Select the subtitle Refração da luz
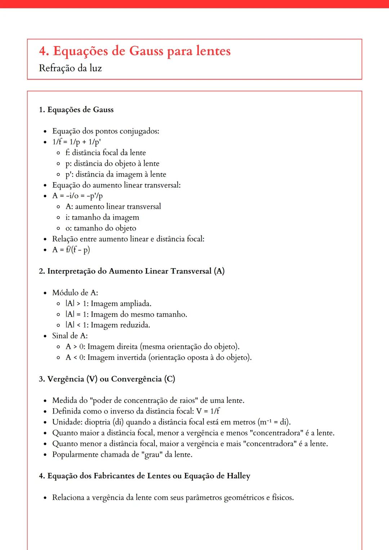[x=70, y=68]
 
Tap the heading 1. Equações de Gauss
[x=76, y=110]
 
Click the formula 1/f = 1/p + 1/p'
[x=76, y=142]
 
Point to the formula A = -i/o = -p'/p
[x=77, y=196]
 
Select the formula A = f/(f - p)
[x=71, y=250]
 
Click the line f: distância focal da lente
[x=106, y=153]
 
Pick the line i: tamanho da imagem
[x=102, y=217]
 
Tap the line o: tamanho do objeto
[x=101, y=228]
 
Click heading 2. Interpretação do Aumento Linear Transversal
[x=131, y=271]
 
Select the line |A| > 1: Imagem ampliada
[x=108, y=303]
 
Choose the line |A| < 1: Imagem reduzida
[x=108, y=325]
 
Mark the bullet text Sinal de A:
[x=70, y=336]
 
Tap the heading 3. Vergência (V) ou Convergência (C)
[x=107, y=379]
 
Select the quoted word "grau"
[x=152, y=454]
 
